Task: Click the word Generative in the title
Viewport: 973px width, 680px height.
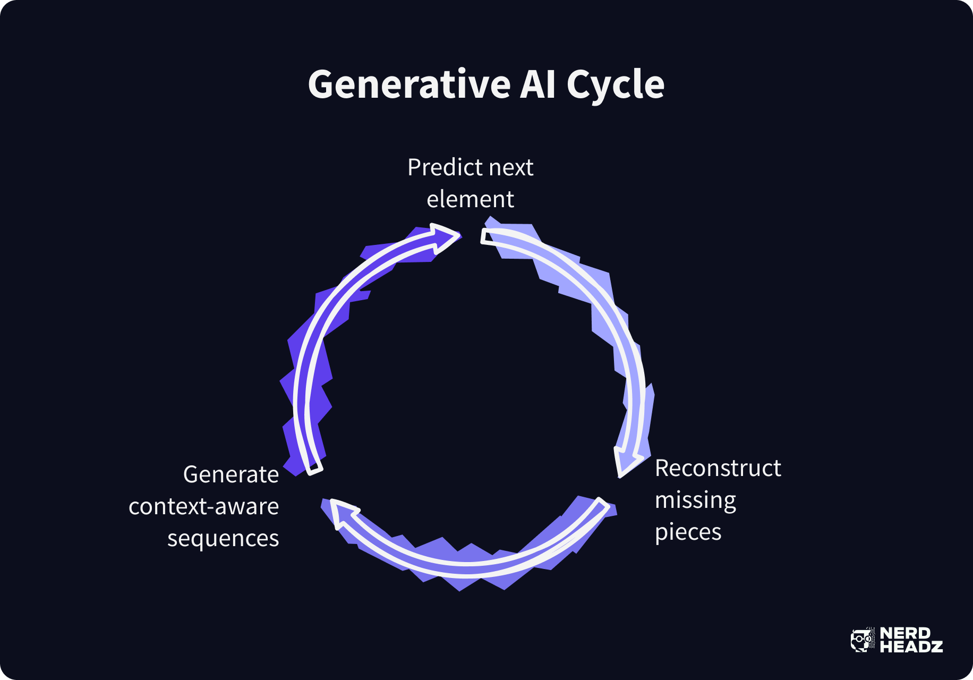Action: pos(409,85)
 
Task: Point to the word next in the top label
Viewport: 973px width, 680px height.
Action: pos(510,168)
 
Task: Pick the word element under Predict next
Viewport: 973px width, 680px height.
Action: pos(470,200)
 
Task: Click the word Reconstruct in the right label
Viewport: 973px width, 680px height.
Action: pos(718,469)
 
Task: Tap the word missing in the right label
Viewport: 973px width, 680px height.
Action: pos(695,501)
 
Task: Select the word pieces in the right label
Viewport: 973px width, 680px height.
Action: pos(688,533)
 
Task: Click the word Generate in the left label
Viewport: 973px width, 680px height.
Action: pos(231,475)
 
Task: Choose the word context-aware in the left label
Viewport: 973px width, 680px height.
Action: pos(203,507)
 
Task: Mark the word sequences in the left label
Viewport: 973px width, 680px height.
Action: pos(223,539)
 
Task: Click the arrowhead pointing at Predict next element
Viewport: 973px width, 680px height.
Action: pos(444,237)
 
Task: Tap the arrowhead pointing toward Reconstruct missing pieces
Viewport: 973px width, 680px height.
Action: pos(627,460)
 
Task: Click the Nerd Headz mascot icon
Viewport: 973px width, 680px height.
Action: pos(862,640)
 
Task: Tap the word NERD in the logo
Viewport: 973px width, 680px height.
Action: pos(905,633)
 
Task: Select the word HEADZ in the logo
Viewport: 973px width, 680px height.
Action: pos(911,647)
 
